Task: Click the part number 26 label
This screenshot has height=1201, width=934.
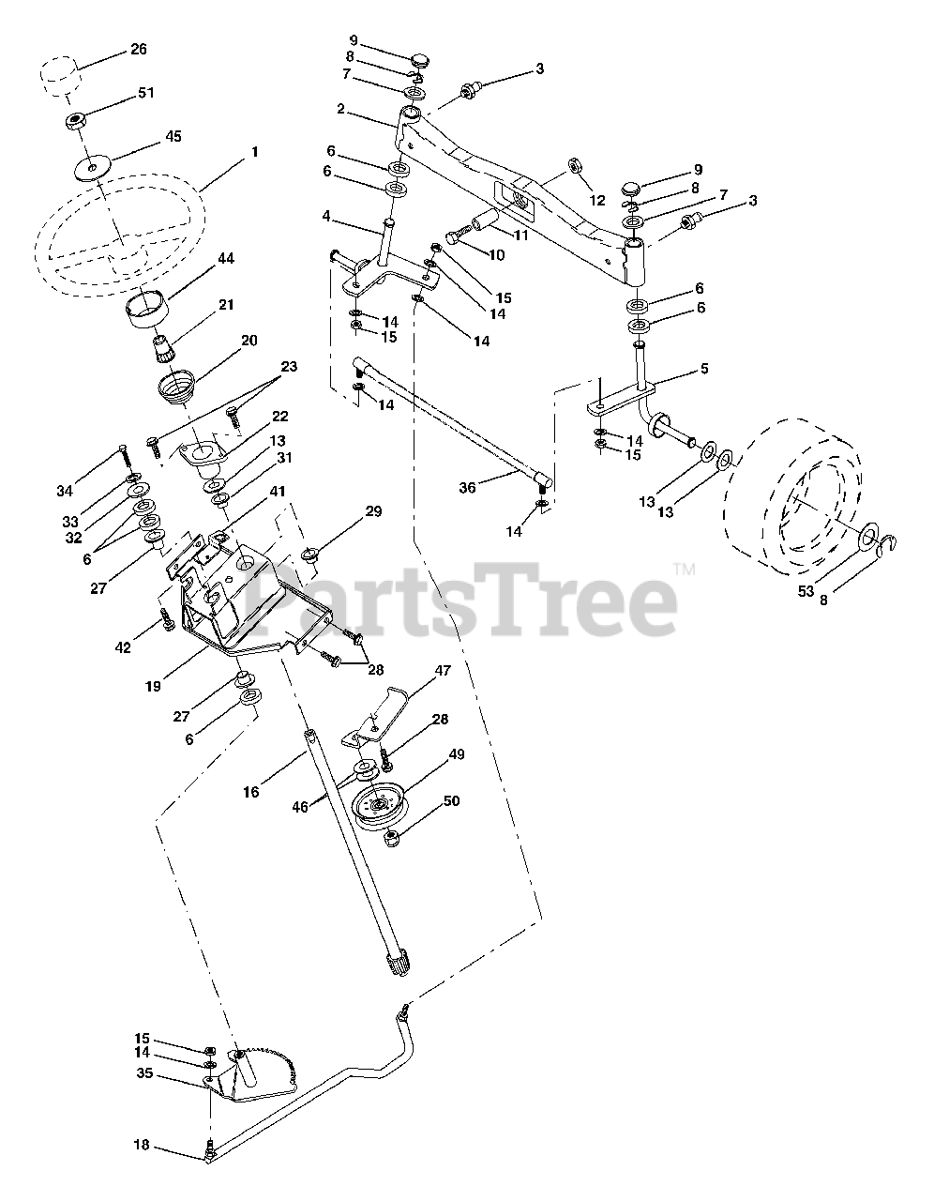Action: click(138, 50)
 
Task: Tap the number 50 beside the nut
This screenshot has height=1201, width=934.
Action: click(452, 800)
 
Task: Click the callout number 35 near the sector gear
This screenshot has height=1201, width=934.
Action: click(143, 1072)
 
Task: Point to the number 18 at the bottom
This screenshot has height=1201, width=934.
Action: click(142, 1146)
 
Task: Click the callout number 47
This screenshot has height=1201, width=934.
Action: click(444, 670)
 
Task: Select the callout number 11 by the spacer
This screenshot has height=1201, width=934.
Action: click(520, 235)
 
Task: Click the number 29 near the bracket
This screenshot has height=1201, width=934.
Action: click(374, 511)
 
